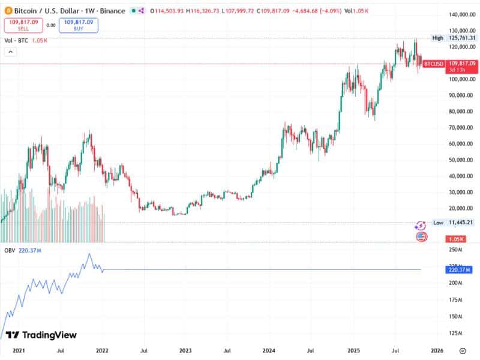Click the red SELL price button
coord(22,25)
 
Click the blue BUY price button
coord(79,25)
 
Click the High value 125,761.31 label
coord(462,38)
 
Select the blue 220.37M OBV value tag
coord(461,270)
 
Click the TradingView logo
coord(41,335)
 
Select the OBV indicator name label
coord(10,249)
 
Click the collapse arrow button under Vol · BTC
coord(10,52)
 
